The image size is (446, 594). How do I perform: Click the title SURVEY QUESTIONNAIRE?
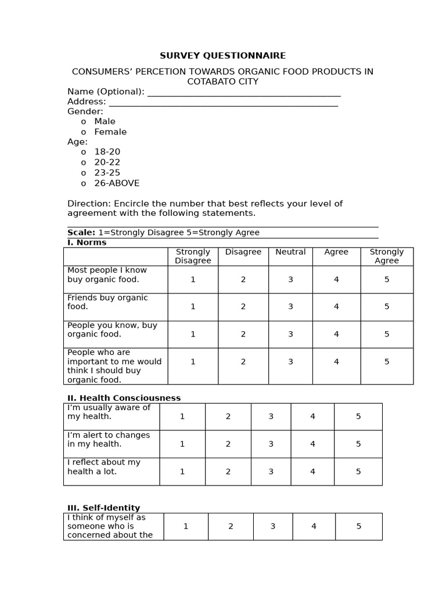tap(223, 56)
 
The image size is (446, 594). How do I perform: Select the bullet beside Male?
tap(84, 122)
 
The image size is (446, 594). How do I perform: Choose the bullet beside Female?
tap(84, 132)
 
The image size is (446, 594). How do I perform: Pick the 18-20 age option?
tap(107, 152)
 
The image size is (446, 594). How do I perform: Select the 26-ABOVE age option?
tap(117, 183)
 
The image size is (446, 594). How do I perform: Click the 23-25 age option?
tap(107, 173)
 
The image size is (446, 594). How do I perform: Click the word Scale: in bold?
tap(81, 233)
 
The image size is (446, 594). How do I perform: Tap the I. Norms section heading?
tap(87, 242)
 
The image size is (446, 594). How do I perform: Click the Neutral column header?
tap(290, 252)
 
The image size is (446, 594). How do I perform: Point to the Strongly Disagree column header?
tap(193, 256)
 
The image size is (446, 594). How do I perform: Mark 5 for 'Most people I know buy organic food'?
tap(387, 280)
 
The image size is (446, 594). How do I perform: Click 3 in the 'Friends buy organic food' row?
tap(290, 307)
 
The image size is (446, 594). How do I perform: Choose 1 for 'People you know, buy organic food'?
tap(193, 334)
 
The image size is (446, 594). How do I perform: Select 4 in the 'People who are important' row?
tap(336, 362)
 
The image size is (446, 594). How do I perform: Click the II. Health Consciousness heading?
tap(124, 398)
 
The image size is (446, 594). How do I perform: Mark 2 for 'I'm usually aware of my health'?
tap(228, 416)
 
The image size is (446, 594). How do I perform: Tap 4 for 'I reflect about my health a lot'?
tap(312, 472)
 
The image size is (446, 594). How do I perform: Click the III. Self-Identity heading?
tap(104, 508)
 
